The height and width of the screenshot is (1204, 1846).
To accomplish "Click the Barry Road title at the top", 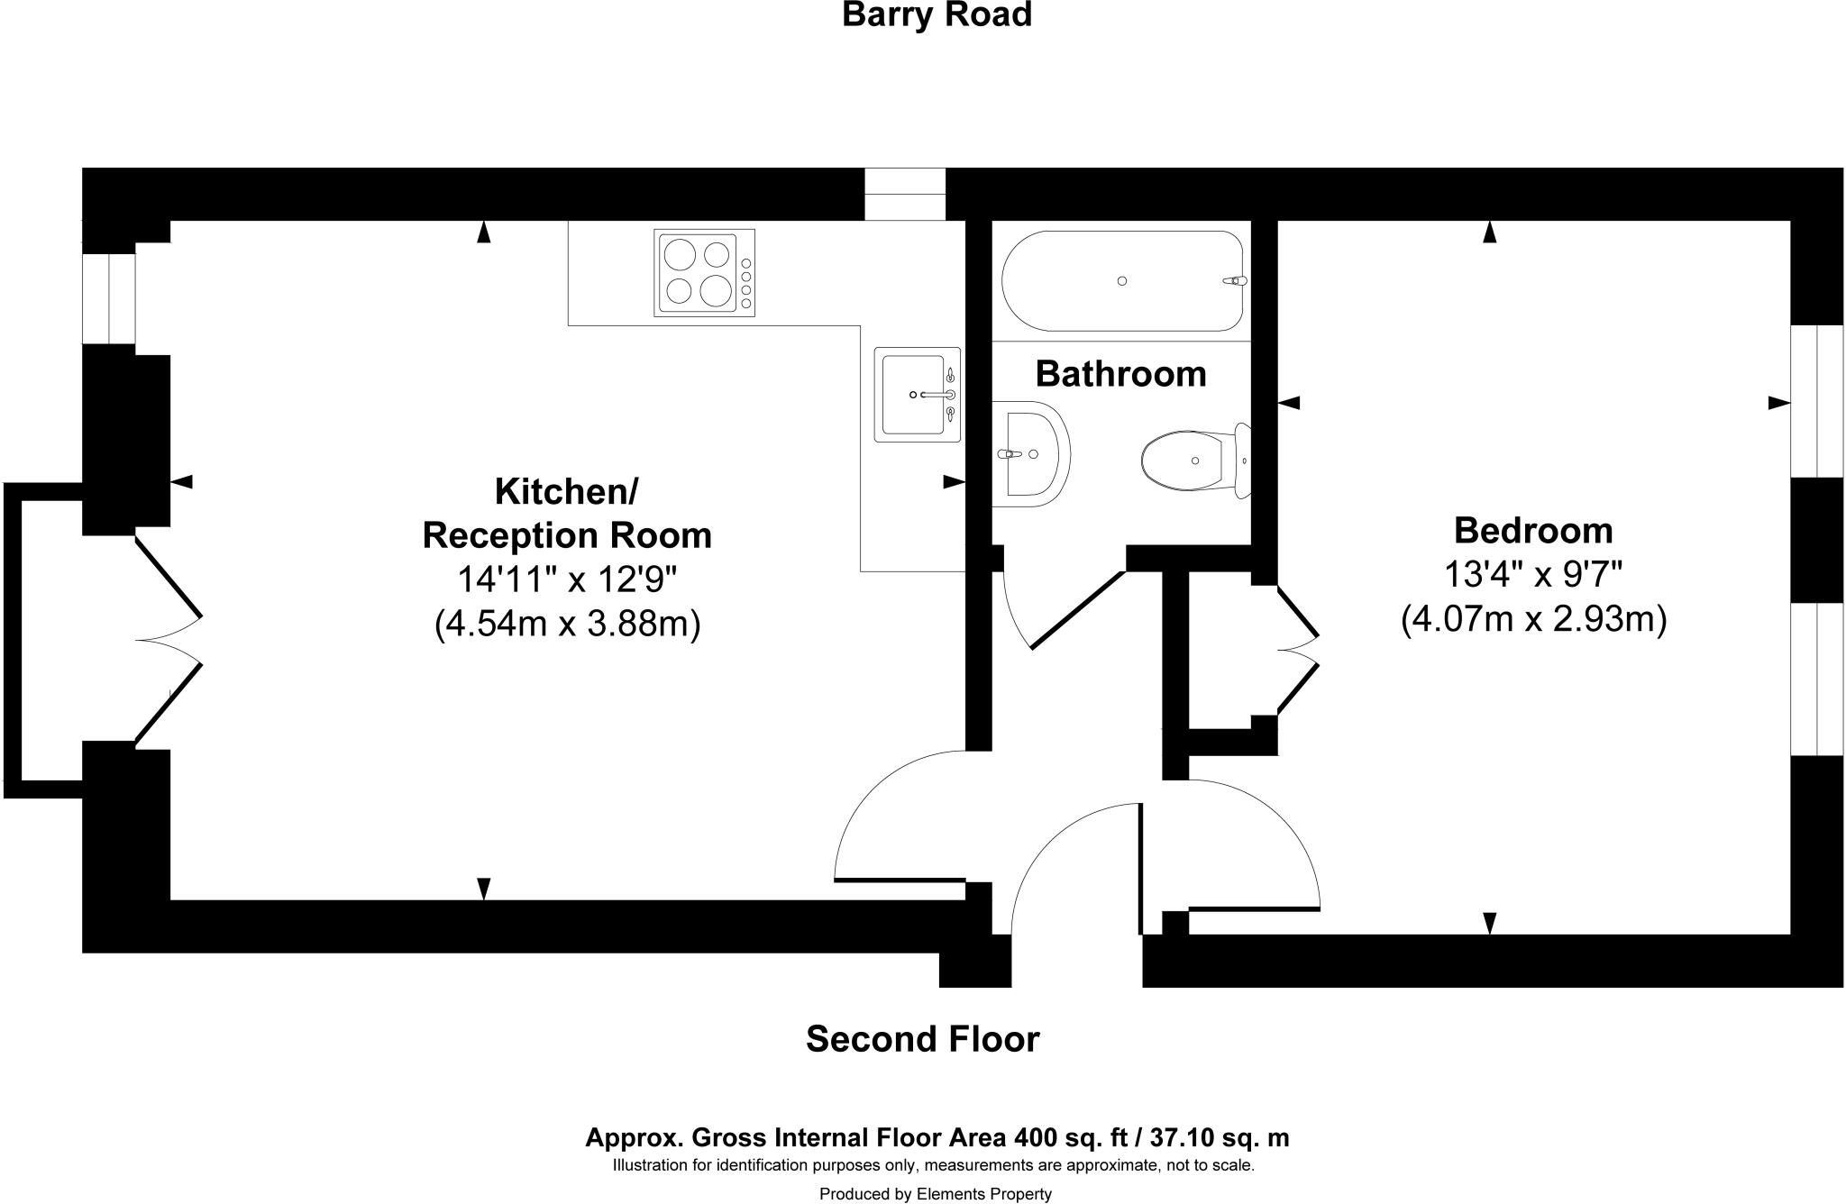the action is pos(937,15).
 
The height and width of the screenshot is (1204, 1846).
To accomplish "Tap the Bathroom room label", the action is pos(1120,374).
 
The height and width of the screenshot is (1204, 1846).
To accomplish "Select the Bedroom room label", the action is pos(1533,531).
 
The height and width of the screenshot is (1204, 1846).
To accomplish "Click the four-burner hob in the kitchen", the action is pos(705,273).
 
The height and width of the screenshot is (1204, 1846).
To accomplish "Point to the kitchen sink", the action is pos(917,394).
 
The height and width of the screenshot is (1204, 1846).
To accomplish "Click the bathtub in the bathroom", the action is pos(1122,281).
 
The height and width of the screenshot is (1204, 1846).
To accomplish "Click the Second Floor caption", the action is pos(922,1039).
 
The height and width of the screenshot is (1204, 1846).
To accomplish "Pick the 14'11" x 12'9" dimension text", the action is pos(567,579).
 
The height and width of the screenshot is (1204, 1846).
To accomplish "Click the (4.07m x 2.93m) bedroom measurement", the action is pos(1533,620).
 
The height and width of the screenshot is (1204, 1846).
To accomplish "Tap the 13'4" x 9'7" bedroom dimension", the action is pos(1533,573).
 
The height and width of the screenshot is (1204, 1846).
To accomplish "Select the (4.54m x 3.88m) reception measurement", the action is pos(567,624).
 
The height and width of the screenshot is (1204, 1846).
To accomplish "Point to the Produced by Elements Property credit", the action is pos(936,1194).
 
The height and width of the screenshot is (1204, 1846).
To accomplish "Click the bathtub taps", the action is pos(1234,281).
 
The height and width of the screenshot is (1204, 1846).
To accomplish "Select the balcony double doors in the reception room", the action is pos(169,641).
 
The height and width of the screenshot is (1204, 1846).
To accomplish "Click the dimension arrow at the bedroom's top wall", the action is pos(1489,233).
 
